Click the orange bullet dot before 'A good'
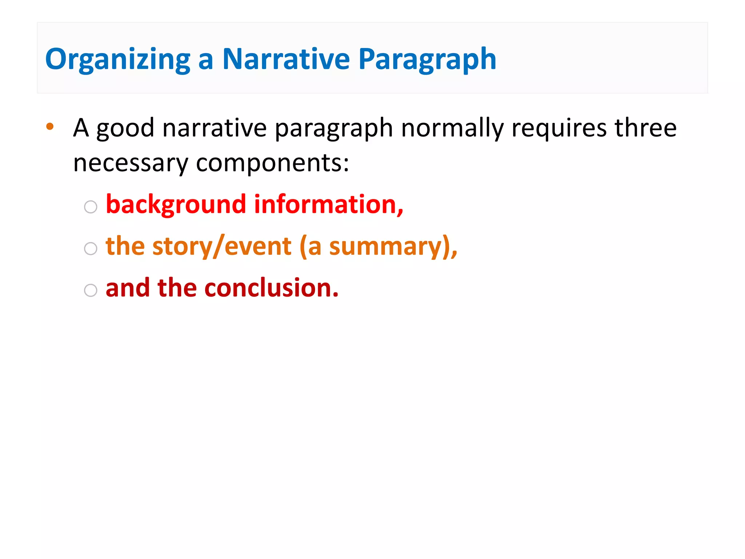pos(50,127)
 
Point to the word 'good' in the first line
pos(125,129)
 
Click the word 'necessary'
pos(131,163)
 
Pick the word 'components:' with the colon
pos(272,163)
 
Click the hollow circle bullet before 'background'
pos(91,207)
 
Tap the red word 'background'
pos(176,205)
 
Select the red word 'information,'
pos(328,205)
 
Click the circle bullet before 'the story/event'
pos(91,249)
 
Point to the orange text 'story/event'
pos(222,247)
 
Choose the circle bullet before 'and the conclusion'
pos(91,290)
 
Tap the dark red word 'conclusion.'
pos(271,288)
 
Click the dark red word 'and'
pos(128,288)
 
